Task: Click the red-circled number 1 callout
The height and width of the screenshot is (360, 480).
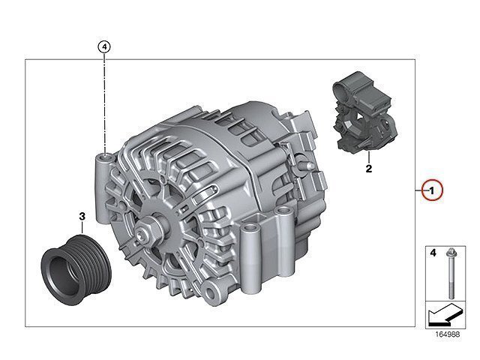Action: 432,190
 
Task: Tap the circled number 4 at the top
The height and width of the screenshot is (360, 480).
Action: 104,47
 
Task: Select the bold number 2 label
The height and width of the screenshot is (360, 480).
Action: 369,168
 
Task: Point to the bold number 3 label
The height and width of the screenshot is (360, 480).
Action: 82,217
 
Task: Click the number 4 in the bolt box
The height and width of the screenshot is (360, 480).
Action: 433,253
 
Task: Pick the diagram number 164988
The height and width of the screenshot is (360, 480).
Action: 448,334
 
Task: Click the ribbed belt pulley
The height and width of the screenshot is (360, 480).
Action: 76,270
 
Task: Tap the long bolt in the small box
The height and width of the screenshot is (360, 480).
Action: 451,273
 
